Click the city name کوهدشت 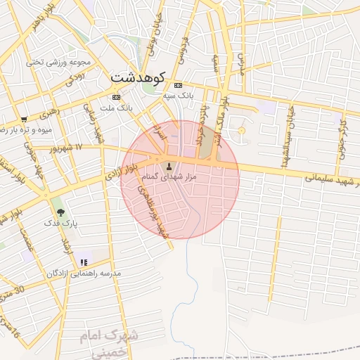[x=138, y=77]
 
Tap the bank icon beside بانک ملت [x=116, y=97]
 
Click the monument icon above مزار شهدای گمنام [x=169, y=167]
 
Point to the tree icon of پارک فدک [x=60, y=211]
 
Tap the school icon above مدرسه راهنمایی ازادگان [x=85, y=262]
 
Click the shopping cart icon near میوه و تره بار [x=24, y=120]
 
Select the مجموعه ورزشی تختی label [x=56, y=62]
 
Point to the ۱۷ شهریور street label [x=67, y=148]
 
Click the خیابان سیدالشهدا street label [x=288, y=134]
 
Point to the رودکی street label [x=76, y=77]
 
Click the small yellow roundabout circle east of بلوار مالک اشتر [x=243, y=131]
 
